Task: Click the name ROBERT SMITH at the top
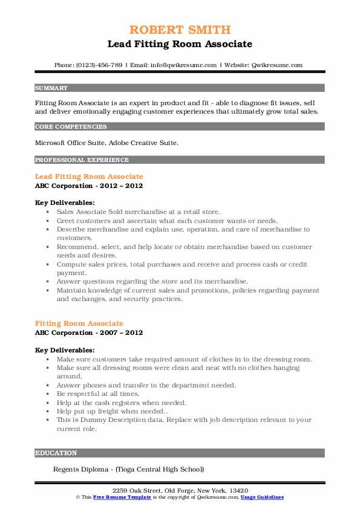180,30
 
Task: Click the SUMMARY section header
52,88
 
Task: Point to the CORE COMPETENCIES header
71,127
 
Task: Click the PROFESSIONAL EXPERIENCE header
82,160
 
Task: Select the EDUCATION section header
56,453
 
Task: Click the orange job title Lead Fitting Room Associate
89,177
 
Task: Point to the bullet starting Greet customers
158,221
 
